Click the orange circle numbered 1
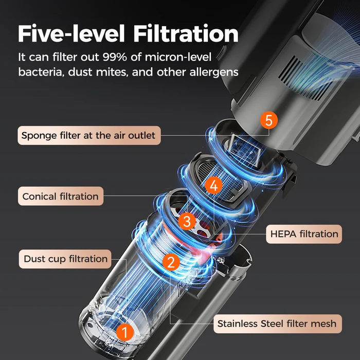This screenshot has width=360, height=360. point(125,332)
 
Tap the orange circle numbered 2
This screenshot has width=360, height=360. point(171,262)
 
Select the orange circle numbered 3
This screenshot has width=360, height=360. point(187,221)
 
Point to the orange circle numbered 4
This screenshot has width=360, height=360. point(214,185)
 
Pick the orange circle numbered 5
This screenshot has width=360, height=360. point(269,120)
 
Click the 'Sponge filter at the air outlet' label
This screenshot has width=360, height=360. point(89,135)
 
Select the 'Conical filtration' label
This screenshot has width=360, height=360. point(61,196)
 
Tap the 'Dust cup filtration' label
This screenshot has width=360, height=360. point(65,259)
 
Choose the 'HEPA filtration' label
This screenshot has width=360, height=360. point(304,234)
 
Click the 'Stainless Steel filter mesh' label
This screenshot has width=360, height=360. point(278,323)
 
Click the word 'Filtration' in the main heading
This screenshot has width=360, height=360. point(186,33)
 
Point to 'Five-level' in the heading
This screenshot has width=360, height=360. point(71,33)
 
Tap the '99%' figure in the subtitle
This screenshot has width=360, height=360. point(115,57)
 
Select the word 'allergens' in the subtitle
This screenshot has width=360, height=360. point(214,73)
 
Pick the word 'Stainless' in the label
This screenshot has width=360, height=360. point(237,323)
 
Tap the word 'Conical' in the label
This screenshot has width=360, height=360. point(39,196)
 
